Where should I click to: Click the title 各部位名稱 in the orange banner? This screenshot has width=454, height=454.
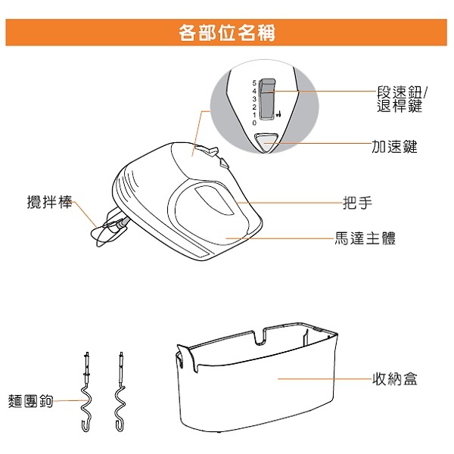pyautogui.click(x=227, y=33)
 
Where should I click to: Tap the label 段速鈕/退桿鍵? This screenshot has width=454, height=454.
pyautogui.click(x=402, y=99)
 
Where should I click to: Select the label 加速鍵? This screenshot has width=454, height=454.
pyautogui.click(x=394, y=146)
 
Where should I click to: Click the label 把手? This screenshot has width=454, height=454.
pyautogui.click(x=357, y=203)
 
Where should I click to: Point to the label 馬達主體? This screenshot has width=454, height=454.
pyautogui.click(x=365, y=238)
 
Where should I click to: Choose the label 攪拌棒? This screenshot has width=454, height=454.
pyautogui.click(x=49, y=201)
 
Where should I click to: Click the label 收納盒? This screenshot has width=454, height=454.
pyautogui.click(x=395, y=379)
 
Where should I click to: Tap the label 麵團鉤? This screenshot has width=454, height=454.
pyautogui.click(x=30, y=401)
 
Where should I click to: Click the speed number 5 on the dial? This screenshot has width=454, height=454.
pyautogui.click(x=254, y=83)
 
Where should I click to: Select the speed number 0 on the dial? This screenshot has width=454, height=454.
pyautogui.click(x=254, y=123)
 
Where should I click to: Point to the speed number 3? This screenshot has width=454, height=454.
pyautogui.click(x=254, y=99)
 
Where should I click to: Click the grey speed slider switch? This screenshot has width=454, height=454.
pyautogui.click(x=266, y=98)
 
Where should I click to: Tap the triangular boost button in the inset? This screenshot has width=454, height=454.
pyautogui.click(x=266, y=142)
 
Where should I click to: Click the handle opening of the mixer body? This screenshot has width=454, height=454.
pyautogui.click(x=213, y=201)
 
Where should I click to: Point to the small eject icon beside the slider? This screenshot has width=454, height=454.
pyautogui.click(x=278, y=114)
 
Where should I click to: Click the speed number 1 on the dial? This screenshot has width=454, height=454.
pyautogui.click(x=254, y=115)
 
